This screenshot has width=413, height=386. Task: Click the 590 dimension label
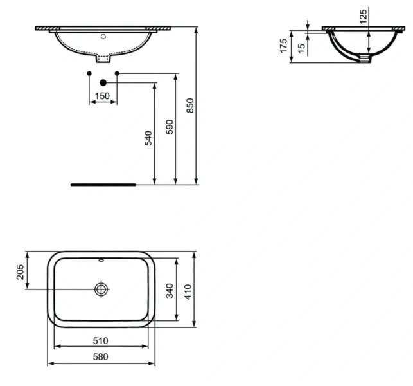click(169, 126)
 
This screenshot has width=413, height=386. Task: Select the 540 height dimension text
click(148, 138)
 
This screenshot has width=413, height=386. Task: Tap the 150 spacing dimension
click(102, 96)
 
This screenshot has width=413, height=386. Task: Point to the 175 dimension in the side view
click(283, 46)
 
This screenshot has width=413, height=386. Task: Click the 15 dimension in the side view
click(301, 49)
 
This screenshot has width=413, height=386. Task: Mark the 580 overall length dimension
click(100, 356)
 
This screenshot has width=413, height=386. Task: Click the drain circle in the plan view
click(101, 289)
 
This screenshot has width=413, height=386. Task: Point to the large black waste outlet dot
click(103, 82)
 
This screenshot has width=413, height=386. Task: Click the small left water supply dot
click(89, 74)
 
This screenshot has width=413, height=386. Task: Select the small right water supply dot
click(116, 74)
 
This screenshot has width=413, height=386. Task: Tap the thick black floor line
click(103, 184)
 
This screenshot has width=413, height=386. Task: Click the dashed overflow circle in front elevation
click(103, 37)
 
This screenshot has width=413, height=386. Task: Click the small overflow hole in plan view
click(101, 261)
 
